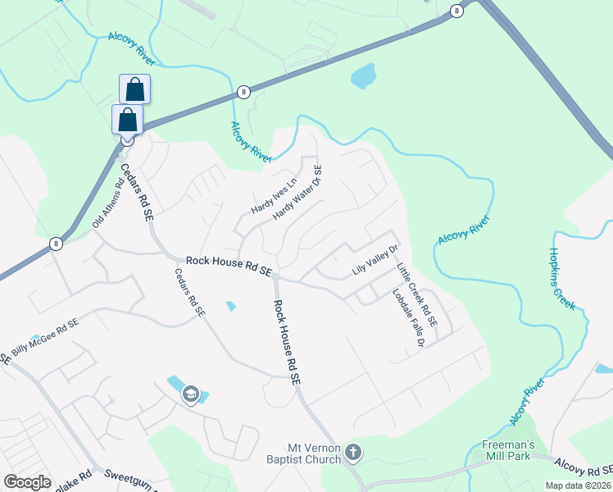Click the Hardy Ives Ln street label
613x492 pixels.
273,198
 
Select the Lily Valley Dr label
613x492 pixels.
375,260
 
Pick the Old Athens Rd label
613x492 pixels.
107,205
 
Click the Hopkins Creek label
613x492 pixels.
564,279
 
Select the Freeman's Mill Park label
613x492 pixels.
508,453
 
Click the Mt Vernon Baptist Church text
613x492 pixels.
314,453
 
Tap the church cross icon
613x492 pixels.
353,452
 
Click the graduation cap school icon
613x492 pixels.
191,395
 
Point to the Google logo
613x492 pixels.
27,482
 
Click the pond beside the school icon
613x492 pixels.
175,384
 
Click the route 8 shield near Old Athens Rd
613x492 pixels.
56,243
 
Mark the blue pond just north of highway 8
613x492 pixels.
363,76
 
